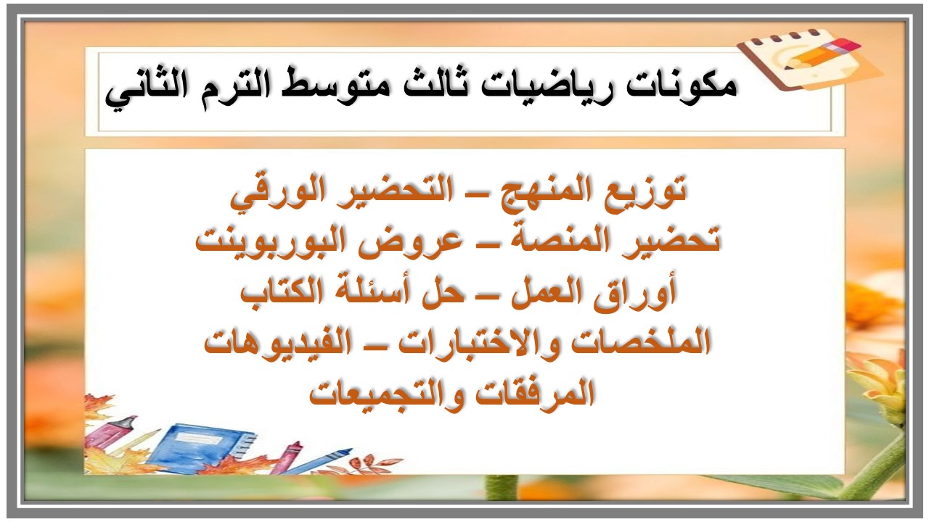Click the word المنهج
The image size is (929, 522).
coord(541,192)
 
